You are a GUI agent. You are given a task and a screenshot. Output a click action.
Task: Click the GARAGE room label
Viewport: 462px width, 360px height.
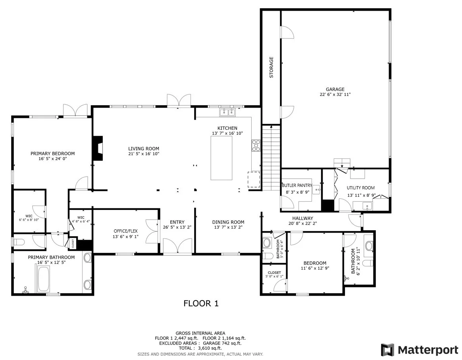[335, 89]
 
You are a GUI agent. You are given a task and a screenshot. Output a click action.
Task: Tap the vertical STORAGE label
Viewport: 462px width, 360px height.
[271, 67]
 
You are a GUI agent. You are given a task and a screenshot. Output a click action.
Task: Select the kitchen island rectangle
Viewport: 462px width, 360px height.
[221, 158]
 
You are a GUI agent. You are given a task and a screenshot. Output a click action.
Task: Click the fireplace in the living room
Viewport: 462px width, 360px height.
[98, 148]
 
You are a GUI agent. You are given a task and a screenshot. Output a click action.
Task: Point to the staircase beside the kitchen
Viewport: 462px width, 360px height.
[271, 158]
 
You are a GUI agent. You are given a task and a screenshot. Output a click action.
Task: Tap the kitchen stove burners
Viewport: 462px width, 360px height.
[256, 146]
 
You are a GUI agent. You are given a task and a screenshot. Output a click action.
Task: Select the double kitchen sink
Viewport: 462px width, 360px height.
[227, 112]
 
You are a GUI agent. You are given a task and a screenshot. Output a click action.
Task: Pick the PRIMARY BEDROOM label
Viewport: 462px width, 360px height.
[53, 154]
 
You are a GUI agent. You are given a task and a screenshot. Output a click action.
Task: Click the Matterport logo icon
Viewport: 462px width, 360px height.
[387, 350]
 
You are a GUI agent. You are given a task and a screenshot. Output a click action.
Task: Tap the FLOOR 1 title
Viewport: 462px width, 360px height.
[201, 303]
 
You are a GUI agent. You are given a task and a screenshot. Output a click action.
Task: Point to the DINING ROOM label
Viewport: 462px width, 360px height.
[228, 222]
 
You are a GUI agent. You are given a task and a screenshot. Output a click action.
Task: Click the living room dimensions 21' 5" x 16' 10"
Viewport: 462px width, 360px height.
[144, 154]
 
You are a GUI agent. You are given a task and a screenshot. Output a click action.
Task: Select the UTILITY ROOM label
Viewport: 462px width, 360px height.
[361, 188]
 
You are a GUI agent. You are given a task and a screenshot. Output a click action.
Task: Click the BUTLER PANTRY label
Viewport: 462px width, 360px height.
[297, 185]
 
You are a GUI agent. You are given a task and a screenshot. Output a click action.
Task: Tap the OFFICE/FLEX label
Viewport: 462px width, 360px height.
[126, 231]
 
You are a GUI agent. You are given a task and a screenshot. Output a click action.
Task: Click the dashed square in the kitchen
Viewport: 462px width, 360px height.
[254, 179]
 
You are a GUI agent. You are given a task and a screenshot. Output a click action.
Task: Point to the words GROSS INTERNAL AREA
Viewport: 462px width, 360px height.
[200, 333]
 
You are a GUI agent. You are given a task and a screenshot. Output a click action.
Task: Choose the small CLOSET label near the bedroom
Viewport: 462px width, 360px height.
[274, 273]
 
